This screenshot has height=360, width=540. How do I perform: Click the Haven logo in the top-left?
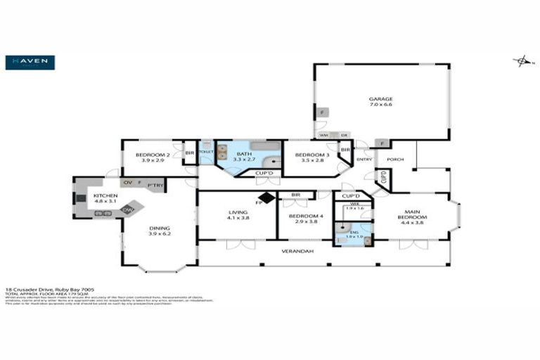pos(30,63)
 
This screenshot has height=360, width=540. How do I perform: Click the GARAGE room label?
pos(380,99)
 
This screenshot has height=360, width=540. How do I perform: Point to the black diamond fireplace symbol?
pos(266,198)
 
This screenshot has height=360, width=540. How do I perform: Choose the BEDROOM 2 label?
pos(153,155)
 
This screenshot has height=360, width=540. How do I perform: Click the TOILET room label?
pos(206,152)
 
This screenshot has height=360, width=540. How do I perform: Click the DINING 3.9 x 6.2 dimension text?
pos(158,233)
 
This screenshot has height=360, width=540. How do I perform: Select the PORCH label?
pos(395,159)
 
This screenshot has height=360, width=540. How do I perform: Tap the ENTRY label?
pos(364,159)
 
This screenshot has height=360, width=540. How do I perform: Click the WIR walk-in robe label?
pos(354,203)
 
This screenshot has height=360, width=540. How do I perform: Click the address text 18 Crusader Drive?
pos(30,288)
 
